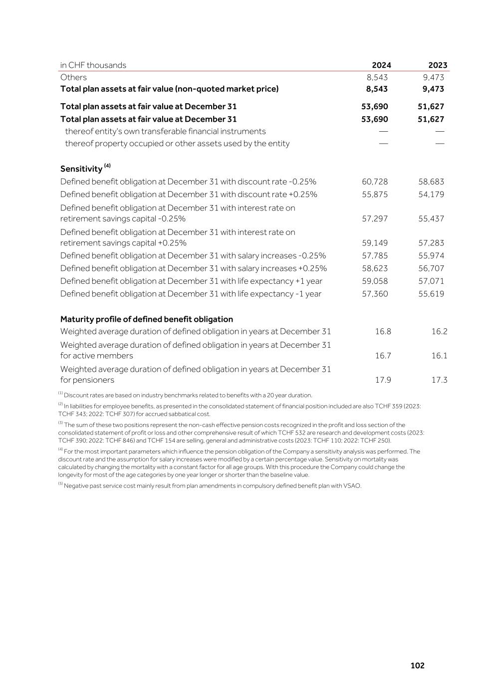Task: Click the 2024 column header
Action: (x=381, y=65)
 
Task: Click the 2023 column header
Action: (x=438, y=65)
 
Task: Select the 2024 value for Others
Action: (x=377, y=77)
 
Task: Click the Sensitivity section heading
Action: (x=81, y=168)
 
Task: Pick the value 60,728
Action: (x=375, y=182)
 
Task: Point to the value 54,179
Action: (x=431, y=194)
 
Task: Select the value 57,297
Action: (x=375, y=219)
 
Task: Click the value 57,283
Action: (x=431, y=243)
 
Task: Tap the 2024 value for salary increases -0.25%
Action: (x=375, y=255)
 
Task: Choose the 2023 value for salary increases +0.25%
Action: (x=431, y=268)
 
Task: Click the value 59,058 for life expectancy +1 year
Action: (x=375, y=281)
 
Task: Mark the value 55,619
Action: (x=431, y=294)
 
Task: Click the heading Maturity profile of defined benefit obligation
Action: (x=147, y=319)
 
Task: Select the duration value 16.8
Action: (x=383, y=332)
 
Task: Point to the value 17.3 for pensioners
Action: (x=439, y=380)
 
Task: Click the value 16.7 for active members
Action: (x=383, y=356)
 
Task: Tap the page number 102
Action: (x=417, y=666)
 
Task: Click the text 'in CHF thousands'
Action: (x=93, y=65)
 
